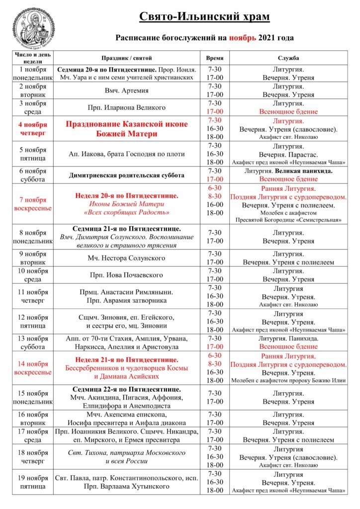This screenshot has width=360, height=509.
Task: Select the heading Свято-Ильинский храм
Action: [204, 17]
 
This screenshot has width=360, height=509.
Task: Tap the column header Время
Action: [215, 58]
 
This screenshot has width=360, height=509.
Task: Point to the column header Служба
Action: [288, 58]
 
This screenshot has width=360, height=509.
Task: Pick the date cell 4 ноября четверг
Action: [33, 129]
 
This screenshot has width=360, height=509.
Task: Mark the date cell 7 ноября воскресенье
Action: [33, 204]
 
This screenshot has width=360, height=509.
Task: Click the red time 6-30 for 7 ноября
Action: [215, 188]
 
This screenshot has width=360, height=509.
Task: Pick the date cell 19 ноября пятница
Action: [33, 482]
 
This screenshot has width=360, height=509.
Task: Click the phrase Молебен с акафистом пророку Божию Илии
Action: [288, 381]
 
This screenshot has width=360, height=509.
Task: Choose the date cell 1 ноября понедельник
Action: [33, 74]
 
